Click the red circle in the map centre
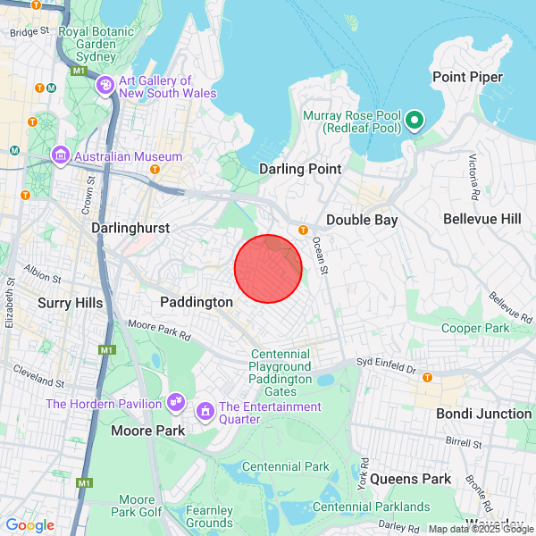(268, 268)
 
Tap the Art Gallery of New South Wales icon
(105, 86)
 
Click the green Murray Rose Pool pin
(414, 120)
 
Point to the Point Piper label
(467, 77)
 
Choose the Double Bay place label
(361, 220)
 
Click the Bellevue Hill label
(482, 219)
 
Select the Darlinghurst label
(130, 229)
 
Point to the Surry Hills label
(71, 303)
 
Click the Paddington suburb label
(197, 303)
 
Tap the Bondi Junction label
(483, 414)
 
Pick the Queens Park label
(411, 479)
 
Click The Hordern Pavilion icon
(175, 404)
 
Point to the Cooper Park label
(474, 328)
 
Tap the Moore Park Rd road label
(160, 330)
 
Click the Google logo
(29, 525)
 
